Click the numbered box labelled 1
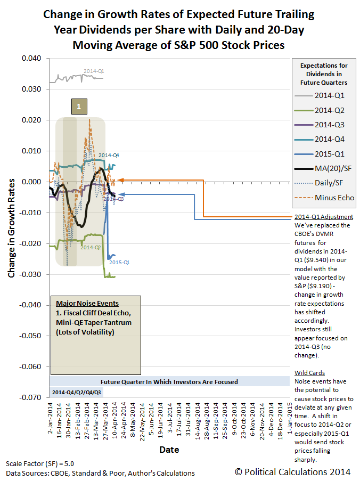tap(79, 107)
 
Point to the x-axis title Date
tap(170, 450)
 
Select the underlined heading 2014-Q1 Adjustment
tap(323, 217)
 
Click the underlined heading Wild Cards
tap(309, 373)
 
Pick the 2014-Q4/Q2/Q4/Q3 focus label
tap(77, 393)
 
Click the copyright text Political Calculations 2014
tap(292, 471)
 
